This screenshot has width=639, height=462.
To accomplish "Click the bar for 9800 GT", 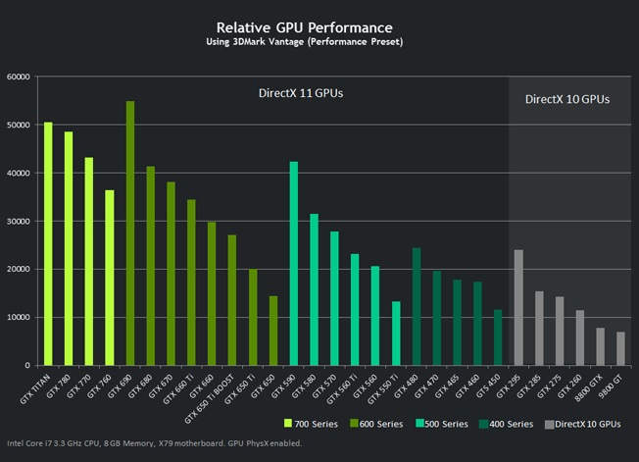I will [x=620, y=348].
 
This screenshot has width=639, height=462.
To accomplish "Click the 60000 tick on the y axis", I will [x=19, y=77].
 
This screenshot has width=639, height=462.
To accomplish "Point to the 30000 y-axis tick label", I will [x=19, y=221].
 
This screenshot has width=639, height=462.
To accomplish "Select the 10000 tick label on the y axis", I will [x=19, y=317].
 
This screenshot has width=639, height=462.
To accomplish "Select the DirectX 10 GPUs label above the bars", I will [x=567, y=99].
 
